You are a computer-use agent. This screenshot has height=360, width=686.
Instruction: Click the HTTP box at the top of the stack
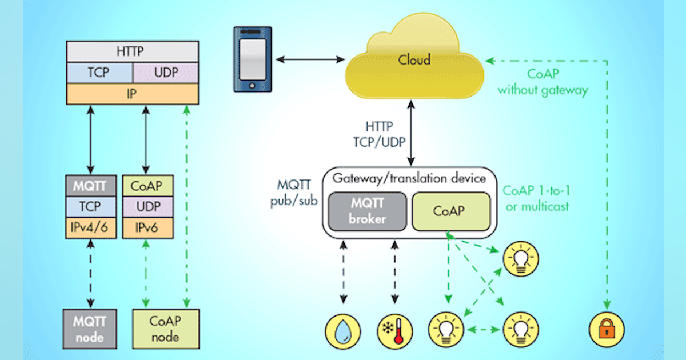pos(133,51)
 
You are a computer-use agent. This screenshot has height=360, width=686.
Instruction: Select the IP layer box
pos(133,93)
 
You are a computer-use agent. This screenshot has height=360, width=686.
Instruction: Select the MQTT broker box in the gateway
pos(367,210)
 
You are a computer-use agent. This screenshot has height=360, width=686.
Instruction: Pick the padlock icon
pos(607,330)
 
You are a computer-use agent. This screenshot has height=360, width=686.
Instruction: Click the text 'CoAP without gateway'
pos(543,82)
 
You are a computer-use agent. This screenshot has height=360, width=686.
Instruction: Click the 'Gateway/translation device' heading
pos(409,178)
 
